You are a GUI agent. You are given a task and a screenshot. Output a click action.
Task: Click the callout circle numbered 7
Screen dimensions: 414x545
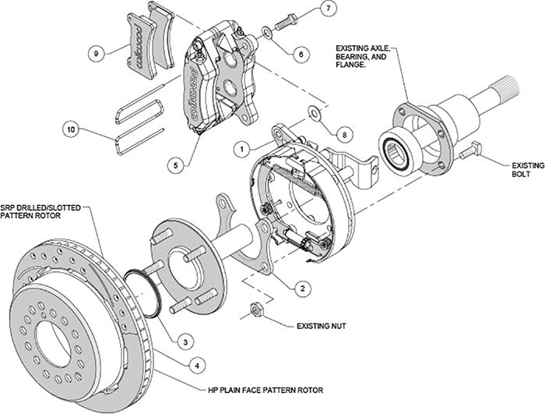point(328,9)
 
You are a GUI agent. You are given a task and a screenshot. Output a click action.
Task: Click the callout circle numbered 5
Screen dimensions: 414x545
point(178,165)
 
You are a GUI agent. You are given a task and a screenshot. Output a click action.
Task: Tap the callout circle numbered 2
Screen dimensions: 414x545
point(298,287)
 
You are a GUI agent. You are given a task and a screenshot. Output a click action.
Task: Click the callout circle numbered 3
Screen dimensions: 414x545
point(184,341)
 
